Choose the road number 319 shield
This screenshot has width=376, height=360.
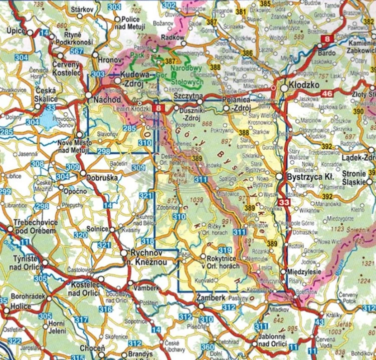pyautogui.click(x=225, y=250)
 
